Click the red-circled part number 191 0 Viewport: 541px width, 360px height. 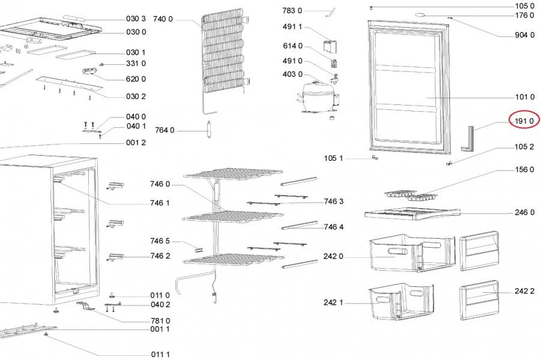524,121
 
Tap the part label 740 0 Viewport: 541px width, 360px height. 163,19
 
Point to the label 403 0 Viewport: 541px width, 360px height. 292,74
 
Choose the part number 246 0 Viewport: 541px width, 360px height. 524,212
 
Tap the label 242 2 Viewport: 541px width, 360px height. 524,291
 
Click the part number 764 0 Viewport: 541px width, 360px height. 164,130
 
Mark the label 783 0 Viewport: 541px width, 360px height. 292,11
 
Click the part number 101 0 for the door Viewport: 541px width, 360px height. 524,97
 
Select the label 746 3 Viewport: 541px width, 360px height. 333,202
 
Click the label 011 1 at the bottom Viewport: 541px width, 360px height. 160,355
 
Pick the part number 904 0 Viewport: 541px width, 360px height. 524,35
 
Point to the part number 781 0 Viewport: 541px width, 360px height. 160,320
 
